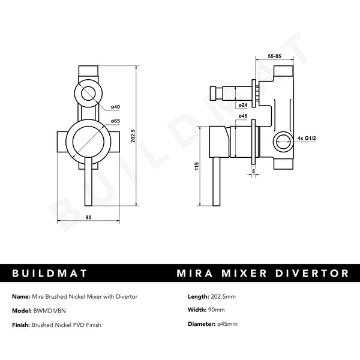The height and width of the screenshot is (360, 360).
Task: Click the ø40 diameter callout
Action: click(x=115, y=107)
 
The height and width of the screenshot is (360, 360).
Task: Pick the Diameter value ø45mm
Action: click(x=226, y=324)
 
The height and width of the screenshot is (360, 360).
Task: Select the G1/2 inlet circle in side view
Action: click(x=283, y=141)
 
